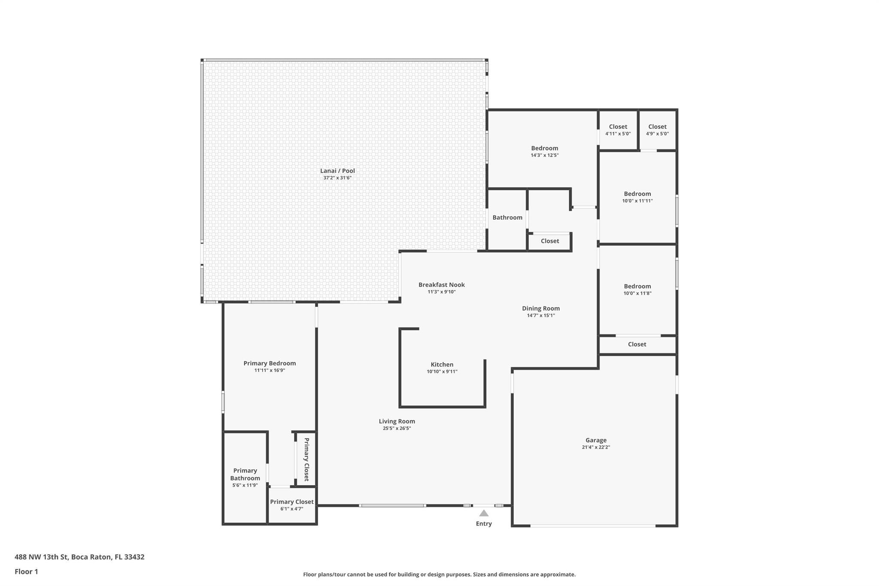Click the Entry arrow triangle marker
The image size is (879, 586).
484,513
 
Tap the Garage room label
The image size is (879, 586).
596,440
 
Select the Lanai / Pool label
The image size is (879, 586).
337,171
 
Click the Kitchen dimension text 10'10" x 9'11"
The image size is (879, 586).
442,372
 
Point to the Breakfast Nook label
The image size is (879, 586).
442,285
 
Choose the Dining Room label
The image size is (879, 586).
541,308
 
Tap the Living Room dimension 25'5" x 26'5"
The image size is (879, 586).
397,428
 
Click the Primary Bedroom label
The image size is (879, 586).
270,363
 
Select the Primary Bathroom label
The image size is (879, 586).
245,474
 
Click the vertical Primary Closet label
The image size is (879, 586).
306,459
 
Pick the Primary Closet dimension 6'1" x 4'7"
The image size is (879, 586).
292,509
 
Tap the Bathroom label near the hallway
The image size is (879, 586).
507,218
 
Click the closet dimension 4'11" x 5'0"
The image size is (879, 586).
618,134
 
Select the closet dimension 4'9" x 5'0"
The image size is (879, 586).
658,134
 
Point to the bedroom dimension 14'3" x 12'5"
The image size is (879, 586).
545,155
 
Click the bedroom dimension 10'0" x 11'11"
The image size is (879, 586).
637,201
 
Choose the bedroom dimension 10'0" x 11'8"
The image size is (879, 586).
637,294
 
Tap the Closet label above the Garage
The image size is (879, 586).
637,344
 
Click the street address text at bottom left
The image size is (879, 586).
79,557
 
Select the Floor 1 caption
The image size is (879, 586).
26,572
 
